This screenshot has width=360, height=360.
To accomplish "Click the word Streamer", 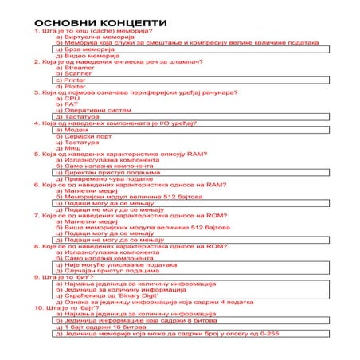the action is (x=80, y=68).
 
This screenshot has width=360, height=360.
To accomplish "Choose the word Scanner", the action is (x=79, y=74).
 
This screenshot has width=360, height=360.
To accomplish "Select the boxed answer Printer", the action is (x=75, y=80).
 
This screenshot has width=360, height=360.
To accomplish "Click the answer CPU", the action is (x=72, y=98).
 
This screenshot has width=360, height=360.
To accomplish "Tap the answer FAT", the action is (x=72, y=104).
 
